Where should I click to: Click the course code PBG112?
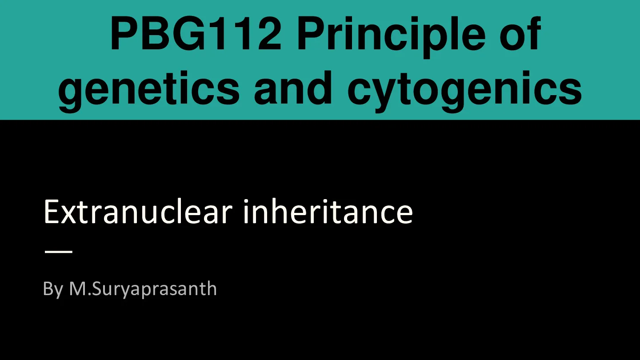coord(196,34)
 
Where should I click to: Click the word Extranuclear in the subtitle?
coord(138,212)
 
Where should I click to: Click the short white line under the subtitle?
coord(59,252)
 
